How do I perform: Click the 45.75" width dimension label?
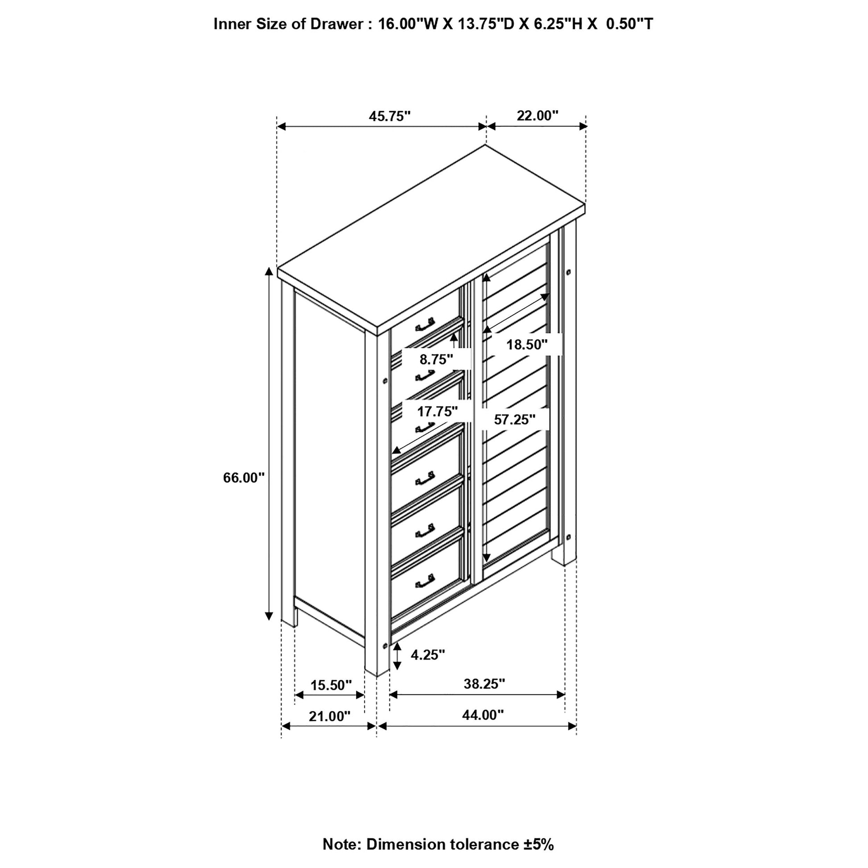(x=389, y=116)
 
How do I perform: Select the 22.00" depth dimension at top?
(x=537, y=116)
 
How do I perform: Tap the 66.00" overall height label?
(x=244, y=478)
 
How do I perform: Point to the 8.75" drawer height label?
(x=436, y=359)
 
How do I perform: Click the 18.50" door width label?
(x=527, y=345)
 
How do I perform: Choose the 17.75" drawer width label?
(x=438, y=411)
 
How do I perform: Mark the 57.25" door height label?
(x=514, y=419)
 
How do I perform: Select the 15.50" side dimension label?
(x=331, y=685)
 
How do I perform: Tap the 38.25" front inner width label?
(x=484, y=684)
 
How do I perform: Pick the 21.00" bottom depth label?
(x=329, y=716)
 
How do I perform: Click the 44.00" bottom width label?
(x=483, y=715)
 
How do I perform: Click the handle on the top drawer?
(x=425, y=324)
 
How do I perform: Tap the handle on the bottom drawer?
(x=425, y=580)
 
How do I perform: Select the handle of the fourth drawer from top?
(x=425, y=479)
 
